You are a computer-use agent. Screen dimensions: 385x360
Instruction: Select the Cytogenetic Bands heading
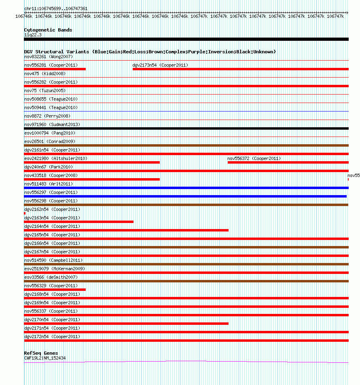tap(48, 30)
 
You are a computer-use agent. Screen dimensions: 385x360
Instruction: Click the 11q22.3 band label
tap(33, 35)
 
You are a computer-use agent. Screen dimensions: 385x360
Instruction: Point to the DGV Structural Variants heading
tap(150, 52)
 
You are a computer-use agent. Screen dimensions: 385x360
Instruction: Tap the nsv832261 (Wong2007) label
tap(48, 57)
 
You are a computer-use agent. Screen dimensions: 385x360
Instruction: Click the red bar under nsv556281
tap(55, 69)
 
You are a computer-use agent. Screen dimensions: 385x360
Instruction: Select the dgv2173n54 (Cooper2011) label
tap(160, 65)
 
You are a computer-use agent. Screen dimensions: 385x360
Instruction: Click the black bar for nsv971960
tap(186, 128)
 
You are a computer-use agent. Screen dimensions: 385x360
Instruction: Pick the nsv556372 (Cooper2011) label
tap(254, 158)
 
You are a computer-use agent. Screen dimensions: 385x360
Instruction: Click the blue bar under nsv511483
tap(186, 188)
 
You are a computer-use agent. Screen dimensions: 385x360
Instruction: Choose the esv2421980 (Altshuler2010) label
tap(55, 158)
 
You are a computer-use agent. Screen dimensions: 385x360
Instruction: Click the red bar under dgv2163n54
tap(79, 222)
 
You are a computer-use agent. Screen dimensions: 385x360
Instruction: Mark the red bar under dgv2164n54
tap(126, 230)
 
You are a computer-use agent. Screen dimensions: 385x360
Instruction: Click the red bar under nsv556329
tap(55, 290)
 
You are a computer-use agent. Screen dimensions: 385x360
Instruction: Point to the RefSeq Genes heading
tap(41, 353)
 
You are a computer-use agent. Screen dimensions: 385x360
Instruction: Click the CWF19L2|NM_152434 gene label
tap(44, 358)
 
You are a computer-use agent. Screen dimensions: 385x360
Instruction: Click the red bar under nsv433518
tap(92, 179)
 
